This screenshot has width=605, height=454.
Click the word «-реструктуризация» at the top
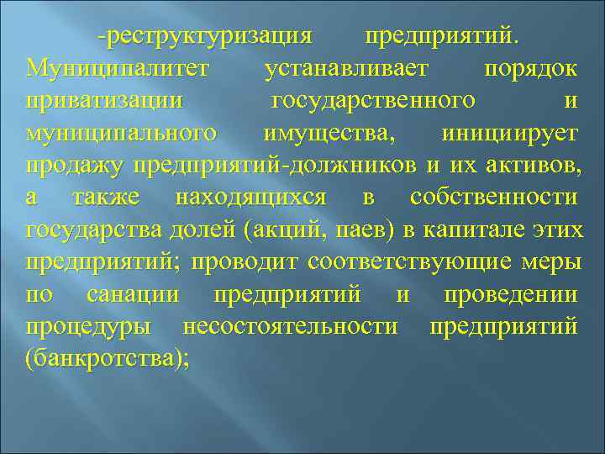[x=205, y=36]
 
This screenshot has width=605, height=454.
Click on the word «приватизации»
[x=105, y=101]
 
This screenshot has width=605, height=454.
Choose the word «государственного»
[x=372, y=101]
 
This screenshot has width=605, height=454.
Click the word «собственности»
[x=494, y=198]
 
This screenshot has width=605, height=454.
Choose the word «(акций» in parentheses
[x=287, y=230]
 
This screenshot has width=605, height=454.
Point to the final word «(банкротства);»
[x=108, y=360]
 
